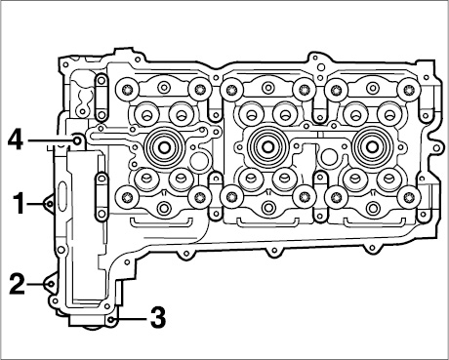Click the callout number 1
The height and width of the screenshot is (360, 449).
tap(19, 204)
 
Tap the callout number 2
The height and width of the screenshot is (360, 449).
tap(17, 284)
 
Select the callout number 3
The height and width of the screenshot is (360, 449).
tap(158, 317)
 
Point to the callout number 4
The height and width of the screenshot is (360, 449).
tap(16, 140)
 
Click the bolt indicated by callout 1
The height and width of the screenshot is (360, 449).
tap(49, 204)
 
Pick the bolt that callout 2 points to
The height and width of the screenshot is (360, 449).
tap(51, 284)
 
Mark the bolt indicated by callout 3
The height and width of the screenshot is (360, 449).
tap(111, 319)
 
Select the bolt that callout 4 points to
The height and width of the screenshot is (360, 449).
tap(77, 140)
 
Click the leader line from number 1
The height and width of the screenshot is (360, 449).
tap(35, 204)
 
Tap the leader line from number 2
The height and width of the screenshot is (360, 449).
tap(35, 284)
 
